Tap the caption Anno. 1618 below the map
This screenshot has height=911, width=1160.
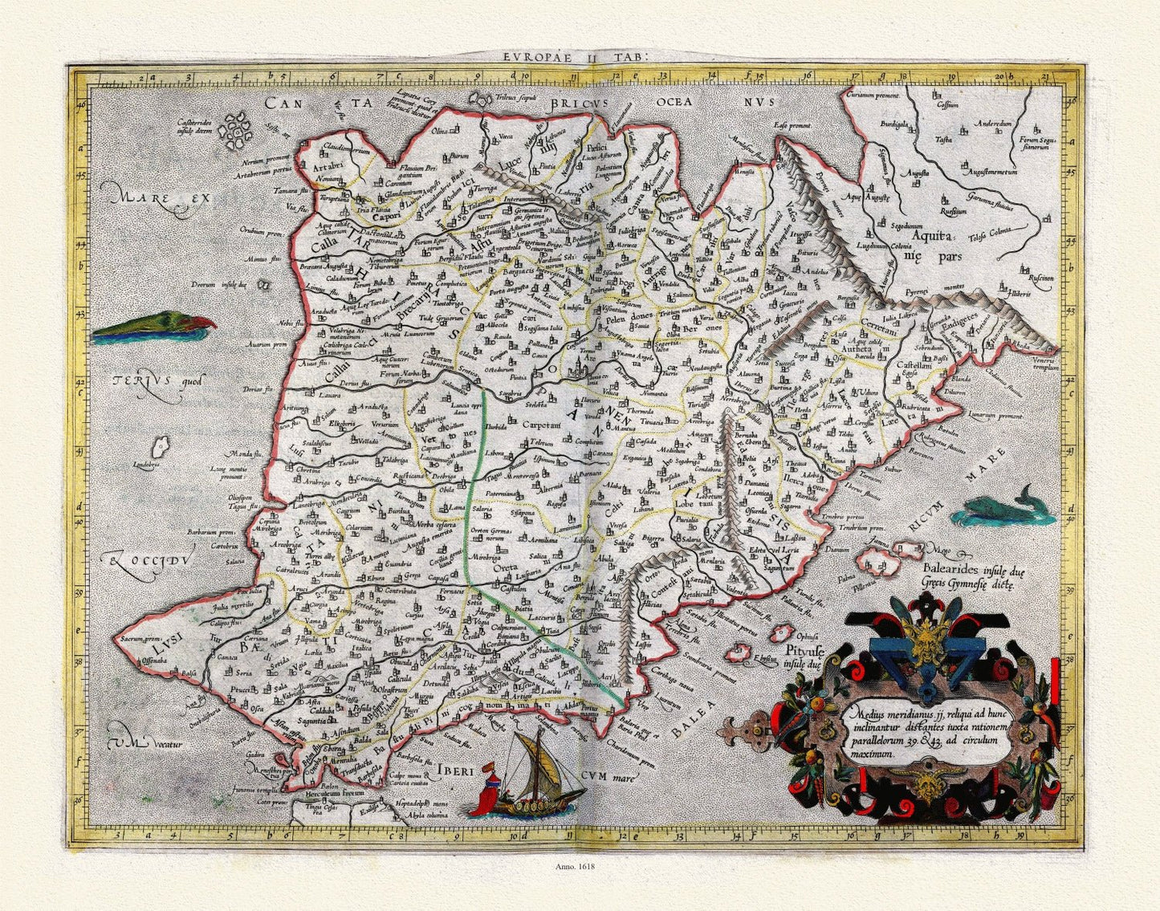(x=575, y=866)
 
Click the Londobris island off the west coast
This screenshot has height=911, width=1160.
(x=161, y=444)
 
